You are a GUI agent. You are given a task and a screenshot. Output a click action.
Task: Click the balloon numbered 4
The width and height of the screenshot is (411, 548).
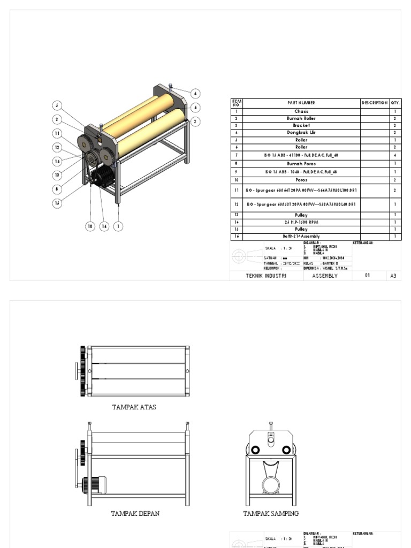(196, 93)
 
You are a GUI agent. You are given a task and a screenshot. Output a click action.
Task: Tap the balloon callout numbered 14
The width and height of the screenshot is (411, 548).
(104, 226)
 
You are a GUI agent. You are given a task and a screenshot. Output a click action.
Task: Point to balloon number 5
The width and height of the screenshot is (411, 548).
(57, 105)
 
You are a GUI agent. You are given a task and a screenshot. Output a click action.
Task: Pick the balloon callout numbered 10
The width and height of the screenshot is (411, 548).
(90, 226)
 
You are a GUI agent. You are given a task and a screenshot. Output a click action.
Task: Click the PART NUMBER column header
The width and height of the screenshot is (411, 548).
(301, 103)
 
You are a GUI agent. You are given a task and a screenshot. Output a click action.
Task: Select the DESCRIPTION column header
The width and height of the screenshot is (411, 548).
(375, 103)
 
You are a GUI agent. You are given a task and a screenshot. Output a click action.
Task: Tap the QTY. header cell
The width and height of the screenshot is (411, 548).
(395, 103)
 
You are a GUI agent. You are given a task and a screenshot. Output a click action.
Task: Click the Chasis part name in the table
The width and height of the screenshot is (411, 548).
(301, 111)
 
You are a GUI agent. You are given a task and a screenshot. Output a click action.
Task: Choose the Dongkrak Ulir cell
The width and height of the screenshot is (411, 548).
(301, 132)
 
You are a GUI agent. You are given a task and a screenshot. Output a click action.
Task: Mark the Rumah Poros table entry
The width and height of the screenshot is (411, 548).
(301, 164)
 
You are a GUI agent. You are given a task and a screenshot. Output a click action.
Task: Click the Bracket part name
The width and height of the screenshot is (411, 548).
(301, 125)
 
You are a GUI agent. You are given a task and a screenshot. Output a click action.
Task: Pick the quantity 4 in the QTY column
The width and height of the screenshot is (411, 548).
(395, 155)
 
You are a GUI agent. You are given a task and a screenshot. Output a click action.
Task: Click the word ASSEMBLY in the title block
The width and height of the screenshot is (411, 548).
(324, 276)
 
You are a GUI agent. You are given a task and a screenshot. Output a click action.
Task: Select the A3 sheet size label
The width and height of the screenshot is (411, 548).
(393, 276)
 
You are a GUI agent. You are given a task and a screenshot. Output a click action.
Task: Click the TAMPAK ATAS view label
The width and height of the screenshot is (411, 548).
(134, 407)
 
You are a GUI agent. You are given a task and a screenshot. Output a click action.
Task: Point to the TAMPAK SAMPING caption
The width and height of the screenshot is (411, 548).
(271, 514)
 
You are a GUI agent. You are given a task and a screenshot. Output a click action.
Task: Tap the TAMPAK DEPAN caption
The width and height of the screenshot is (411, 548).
(135, 514)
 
